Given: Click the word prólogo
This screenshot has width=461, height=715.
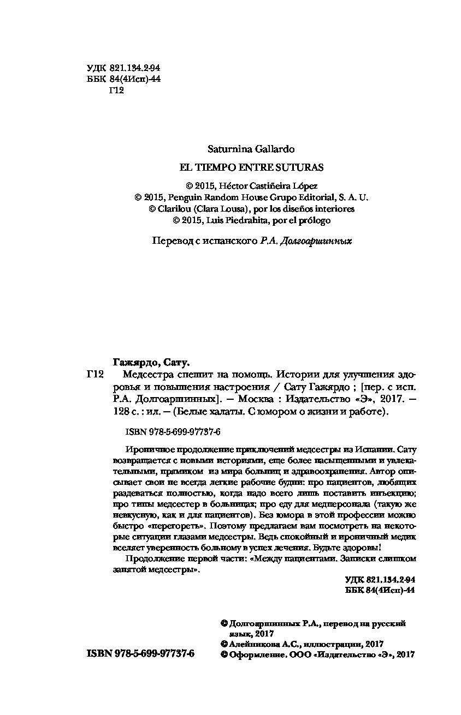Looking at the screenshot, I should [314, 220].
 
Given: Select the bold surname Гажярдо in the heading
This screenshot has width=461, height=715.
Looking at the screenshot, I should [136, 362].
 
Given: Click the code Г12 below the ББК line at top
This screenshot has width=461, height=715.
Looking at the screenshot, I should [117, 91].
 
